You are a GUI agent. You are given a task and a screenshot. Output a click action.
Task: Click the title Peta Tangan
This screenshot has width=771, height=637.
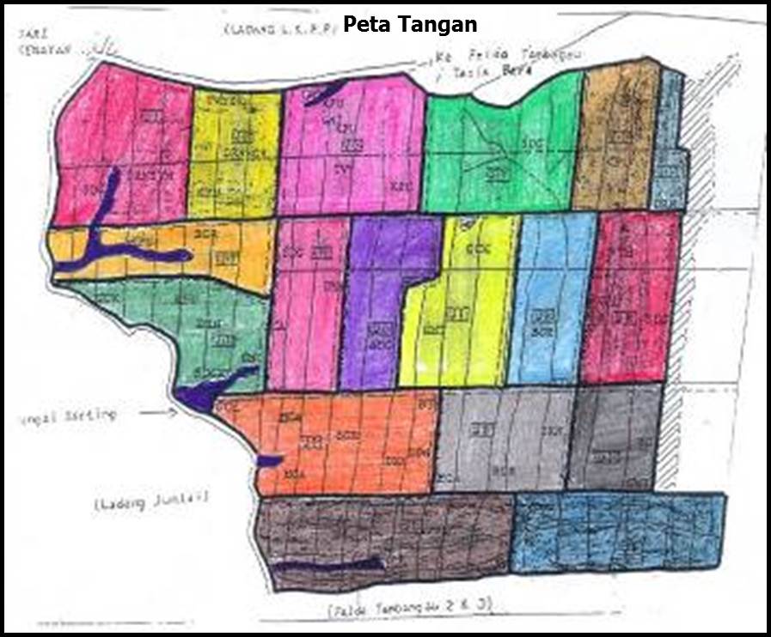tap(410, 24)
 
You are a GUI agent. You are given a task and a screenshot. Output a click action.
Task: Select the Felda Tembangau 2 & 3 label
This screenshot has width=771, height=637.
tap(408, 606)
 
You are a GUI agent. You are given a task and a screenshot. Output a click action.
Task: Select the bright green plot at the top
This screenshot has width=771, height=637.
tap(499, 155)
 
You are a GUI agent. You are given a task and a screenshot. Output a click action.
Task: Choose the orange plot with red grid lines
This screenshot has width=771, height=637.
tap(344, 442)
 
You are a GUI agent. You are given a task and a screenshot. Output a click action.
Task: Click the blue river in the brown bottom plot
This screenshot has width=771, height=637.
tap(331, 566)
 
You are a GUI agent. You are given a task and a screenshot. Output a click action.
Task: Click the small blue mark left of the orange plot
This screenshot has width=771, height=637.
tap(267, 461)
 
